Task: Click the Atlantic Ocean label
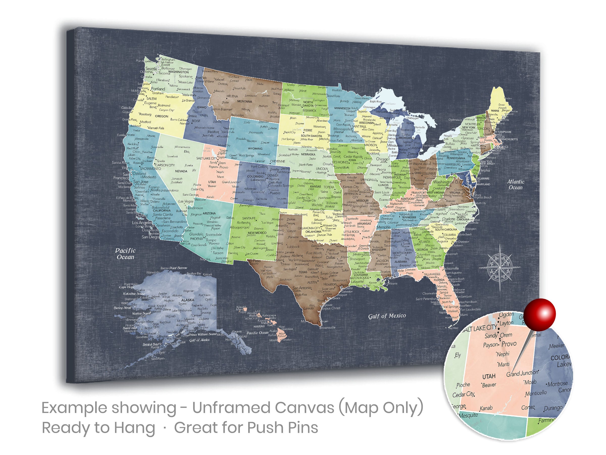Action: pyautogui.click(x=516, y=185)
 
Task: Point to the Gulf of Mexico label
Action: pyautogui.click(x=387, y=316)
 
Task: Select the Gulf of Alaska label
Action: pyautogui.click(x=199, y=340)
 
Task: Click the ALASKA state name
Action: pyautogui.click(x=188, y=300)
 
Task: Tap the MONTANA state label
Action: pyautogui.click(x=245, y=101)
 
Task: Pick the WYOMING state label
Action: pyautogui.click(x=255, y=149)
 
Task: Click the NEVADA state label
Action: pyautogui.click(x=181, y=171)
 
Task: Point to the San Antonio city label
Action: pyautogui.click(x=302, y=288)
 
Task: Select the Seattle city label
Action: pyautogui.click(x=151, y=69)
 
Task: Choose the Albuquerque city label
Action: pyautogui.click(x=239, y=227)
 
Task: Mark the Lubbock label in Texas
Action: pyautogui.click(x=293, y=246)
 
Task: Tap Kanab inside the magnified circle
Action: pyautogui.click(x=486, y=408)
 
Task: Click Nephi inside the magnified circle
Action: pyautogui.click(x=503, y=354)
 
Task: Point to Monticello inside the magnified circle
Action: pyautogui.click(x=536, y=393)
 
